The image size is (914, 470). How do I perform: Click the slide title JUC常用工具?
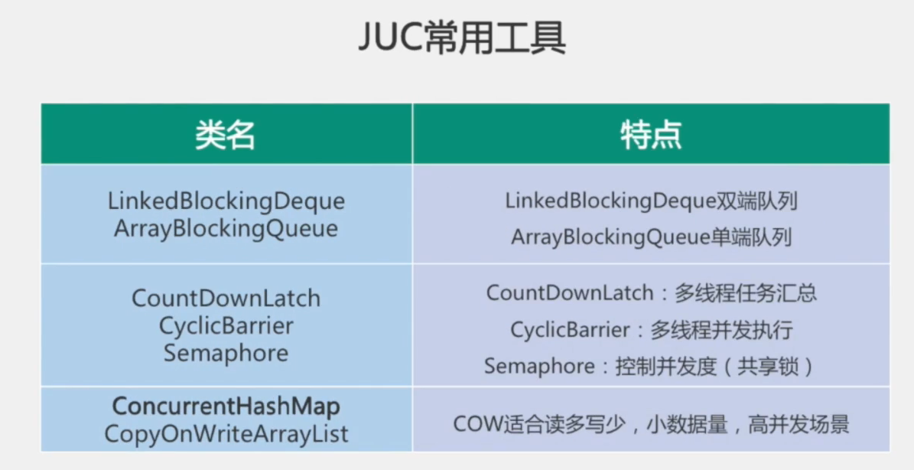(x=462, y=39)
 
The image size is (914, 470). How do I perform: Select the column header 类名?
(x=226, y=135)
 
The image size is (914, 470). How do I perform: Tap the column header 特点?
(x=651, y=135)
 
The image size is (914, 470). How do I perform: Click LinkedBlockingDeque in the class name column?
(x=226, y=201)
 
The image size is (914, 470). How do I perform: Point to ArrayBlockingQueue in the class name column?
(x=226, y=228)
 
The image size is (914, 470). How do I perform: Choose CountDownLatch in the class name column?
(x=226, y=298)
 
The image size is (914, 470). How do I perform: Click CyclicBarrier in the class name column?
(x=226, y=325)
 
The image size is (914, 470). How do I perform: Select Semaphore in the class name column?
(x=226, y=353)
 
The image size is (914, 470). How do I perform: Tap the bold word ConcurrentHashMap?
(x=226, y=406)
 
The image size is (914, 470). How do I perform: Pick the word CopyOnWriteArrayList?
(x=226, y=434)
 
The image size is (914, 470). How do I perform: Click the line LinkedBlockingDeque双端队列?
(x=651, y=201)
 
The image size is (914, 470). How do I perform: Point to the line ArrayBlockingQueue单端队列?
(x=651, y=237)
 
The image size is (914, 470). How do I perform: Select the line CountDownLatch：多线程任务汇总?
(x=651, y=292)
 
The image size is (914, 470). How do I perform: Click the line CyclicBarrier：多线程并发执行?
(x=651, y=329)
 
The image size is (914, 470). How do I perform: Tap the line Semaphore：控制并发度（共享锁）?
(x=649, y=366)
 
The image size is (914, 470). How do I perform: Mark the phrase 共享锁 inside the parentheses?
(x=767, y=366)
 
